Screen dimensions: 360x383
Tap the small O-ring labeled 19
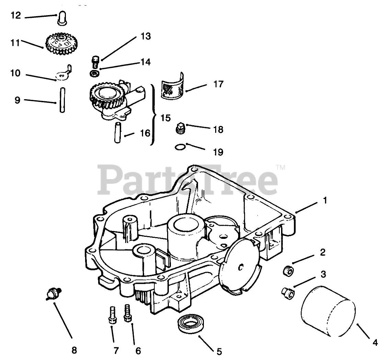179,147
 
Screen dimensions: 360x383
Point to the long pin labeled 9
61,100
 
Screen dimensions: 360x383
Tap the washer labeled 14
94,73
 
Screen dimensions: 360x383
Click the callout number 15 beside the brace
165,118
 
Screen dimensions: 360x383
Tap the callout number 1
324,200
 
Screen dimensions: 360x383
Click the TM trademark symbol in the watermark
281,168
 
